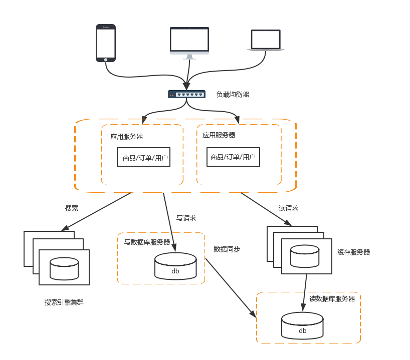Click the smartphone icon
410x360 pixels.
pyautogui.click(x=106, y=43)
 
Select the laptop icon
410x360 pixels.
pyautogui.click(x=266, y=41)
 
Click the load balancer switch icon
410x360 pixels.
pyautogui.click(x=186, y=94)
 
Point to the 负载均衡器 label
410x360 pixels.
pyautogui.click(x=233, y=94)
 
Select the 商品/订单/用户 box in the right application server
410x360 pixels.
pyautogui.click(x=234, y=157)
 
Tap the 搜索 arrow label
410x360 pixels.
pyautogui.click(x=72, y=208)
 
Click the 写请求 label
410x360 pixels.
pyautogui.click(x=186, y=218)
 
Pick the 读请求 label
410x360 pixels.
pyautogui.click(x=288, y=208)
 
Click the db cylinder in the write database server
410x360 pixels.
pyautogui.click(x=175, y=266)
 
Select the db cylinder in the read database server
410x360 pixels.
pyautogui.click(x=302, y=325)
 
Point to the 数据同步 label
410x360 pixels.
pyautogui.click(x=227, y=249)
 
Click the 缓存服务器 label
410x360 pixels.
pyautogui.click(x=353, y=252)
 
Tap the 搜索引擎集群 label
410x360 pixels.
pyautogui.click(x=64, y=302)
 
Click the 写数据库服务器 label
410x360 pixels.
pyautogui.click(x=147, y=242)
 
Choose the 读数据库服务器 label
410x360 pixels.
pyautogui.click(x=332, y=299)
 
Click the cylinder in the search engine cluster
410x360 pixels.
pyautogui.click(x=64, y=268)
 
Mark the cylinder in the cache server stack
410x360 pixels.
pyautogui.click(x=305, y=256)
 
